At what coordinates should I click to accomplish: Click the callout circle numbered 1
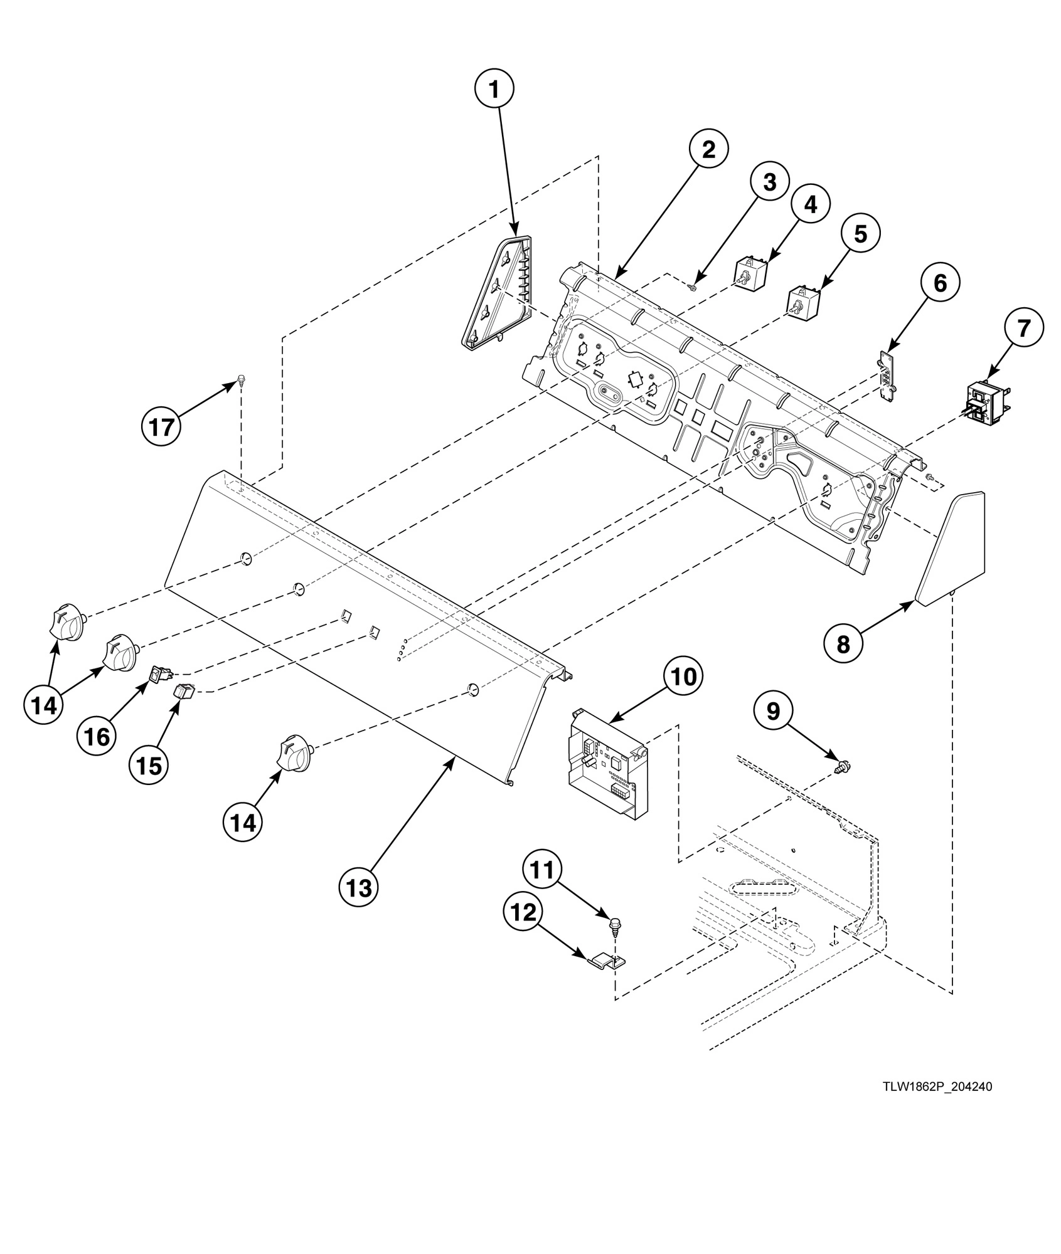click(x=494, y=90)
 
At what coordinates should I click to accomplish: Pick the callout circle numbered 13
click(x=359, y=887)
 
